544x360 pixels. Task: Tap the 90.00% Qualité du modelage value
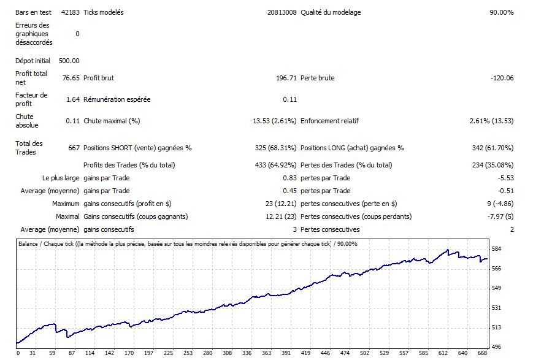501,12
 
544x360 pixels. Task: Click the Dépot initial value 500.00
69,61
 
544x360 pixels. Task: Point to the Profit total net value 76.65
71,78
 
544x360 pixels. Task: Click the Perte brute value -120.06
501,78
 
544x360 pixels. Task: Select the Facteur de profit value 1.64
72,99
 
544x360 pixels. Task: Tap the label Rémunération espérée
117,99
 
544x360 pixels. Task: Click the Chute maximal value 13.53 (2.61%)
275,121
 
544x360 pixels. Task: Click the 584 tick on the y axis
497,248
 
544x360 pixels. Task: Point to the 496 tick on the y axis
497,347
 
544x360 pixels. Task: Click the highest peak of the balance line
448,250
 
